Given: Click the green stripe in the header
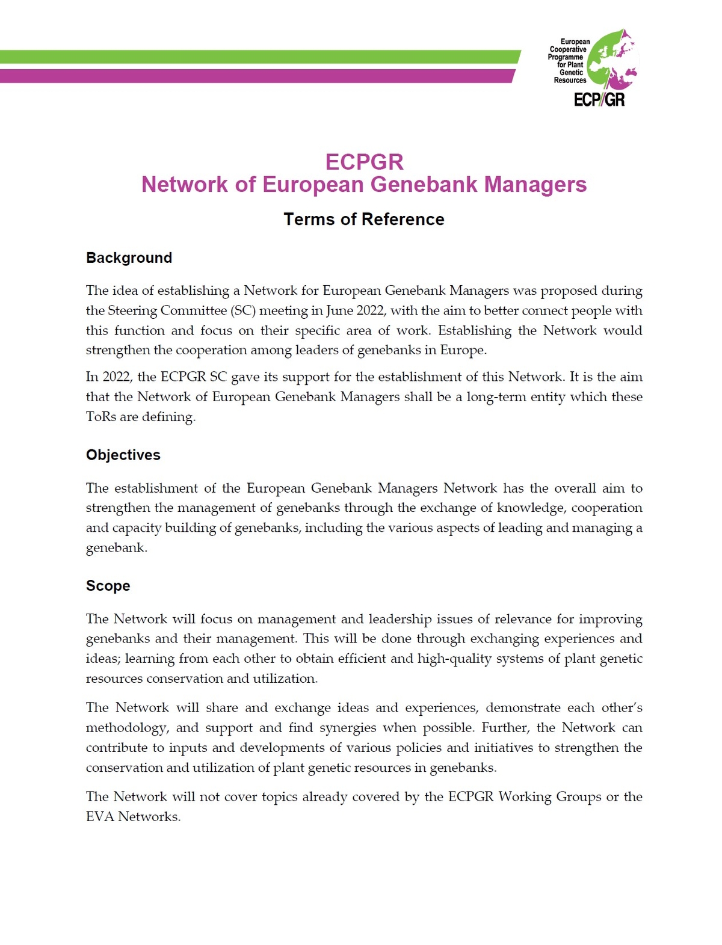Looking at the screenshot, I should pyautogui.click(x=259, y=57).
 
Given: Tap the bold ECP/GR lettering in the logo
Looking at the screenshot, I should pyautogui.click(x=599, y=99).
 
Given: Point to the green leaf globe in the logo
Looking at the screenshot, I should pyautogui.click(x=608, y=60).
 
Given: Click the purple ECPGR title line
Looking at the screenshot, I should pyautogui.click(x=364, y=162).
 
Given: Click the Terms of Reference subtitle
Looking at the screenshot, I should pyautogui.click(x=364, y=220).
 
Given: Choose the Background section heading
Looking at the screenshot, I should pyautogui.click(x=129, y=258).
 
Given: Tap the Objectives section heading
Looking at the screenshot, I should pyautogui.click(x=123, y=455).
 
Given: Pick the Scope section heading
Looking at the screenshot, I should pyautogui.click(x=108, y=586).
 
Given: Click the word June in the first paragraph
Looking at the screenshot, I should pyautogui.click(x=339, y=310).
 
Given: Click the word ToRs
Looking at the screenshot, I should pyautogui.click(x=101, y=416).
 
